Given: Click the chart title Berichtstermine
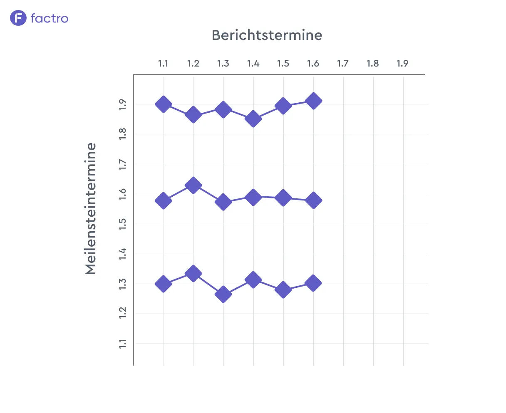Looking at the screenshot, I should [267, 35].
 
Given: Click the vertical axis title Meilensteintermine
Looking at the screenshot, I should [91, 209].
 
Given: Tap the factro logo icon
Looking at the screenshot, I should [18, 18].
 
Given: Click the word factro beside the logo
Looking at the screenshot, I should [50, 18].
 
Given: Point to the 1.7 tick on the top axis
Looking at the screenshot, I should [343, 63].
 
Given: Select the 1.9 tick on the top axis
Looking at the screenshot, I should [402, 63].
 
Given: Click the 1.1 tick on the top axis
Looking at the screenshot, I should [163, 63].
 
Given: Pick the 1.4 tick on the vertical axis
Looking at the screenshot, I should [123, 254].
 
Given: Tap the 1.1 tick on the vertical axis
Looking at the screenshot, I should [123, 344].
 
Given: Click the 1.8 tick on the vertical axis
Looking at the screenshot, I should [123, 134].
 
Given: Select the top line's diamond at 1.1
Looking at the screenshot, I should [164, 104].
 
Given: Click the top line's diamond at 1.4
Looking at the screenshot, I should [253, 119].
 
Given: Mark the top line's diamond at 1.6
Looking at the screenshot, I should [313, 101].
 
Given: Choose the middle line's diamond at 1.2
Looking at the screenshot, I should [193, 185].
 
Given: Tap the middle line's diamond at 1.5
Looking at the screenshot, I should [283, 198].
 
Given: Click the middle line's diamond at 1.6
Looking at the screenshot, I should [313, 200].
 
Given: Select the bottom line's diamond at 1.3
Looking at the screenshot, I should [223, 294].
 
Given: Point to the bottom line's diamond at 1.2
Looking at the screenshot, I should [193, 273].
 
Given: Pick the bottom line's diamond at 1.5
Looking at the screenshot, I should [283, 289].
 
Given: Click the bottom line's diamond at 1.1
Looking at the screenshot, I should [164, 284].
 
